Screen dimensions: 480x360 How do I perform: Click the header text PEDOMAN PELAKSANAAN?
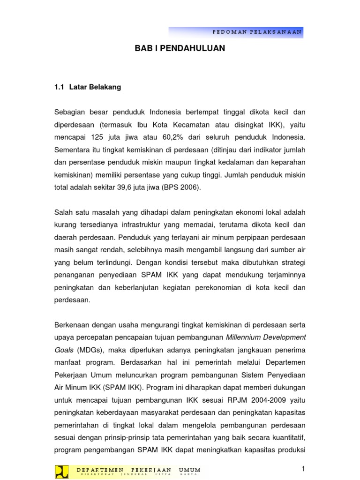pos(257,32)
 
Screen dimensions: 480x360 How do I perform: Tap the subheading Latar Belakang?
pos(95,87)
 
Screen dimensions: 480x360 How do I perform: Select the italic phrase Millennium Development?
pos(265,337)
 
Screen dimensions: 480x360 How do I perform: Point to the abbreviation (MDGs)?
pos(87,349)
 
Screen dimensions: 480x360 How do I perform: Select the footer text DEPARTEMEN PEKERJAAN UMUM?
pos(138,470)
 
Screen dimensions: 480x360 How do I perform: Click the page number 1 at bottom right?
pos(303,469)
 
